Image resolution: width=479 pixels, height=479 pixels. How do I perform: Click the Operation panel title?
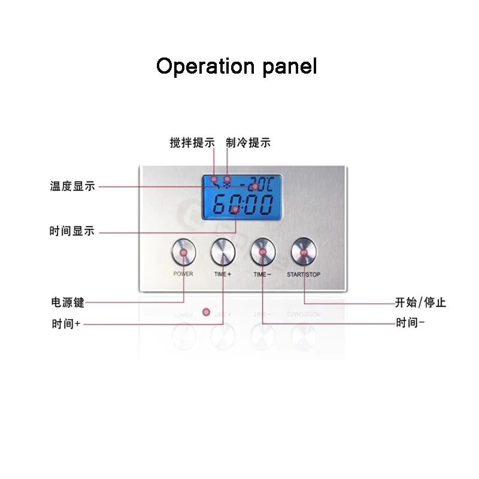coord(237,66)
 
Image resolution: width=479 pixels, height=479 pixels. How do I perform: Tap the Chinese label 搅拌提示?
coord(192,143)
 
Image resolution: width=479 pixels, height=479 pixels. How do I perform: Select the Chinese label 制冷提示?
coord(248,143)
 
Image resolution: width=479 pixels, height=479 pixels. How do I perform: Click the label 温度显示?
coord(72,186)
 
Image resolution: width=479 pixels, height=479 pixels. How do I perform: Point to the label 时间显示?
coord(72,232)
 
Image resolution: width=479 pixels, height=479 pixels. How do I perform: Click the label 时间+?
coord(66,324)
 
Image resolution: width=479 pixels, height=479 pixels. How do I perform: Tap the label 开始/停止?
coord(420,302)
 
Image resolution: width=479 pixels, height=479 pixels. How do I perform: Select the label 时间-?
coord(410,324)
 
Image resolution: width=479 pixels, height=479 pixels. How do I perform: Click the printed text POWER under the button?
coord(183,274)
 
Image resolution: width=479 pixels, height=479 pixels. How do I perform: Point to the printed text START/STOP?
coord(304,274)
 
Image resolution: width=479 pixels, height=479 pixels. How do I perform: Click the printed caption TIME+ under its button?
coord(223,274)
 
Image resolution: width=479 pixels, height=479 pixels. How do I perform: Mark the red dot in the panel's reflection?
coord(206,311)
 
